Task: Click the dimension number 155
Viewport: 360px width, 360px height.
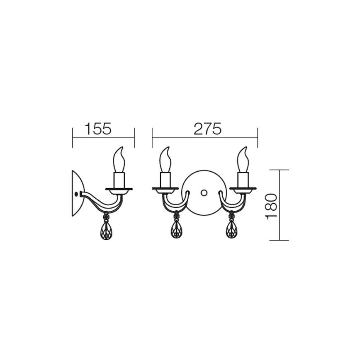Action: coord(98,129)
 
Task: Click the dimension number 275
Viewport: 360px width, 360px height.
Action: coord(207,129)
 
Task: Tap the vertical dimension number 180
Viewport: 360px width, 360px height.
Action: coord(272,206)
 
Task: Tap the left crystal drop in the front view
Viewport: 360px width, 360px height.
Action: coord(176,229)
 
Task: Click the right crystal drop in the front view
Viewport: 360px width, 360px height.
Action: coord(231,229)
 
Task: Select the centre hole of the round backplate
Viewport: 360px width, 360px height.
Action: coord(204,193)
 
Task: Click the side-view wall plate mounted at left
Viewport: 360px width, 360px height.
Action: coord(77,193)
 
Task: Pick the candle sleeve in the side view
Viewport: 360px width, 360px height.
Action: coord(119,180)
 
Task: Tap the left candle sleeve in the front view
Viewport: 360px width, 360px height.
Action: coord(165,180)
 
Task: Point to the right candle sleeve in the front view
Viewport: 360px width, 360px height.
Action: coord(243,180)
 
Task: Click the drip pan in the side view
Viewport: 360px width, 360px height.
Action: coord(119,190)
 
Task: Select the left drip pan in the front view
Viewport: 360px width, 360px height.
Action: coord(165,190)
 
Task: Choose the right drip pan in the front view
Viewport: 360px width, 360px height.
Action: coord(243,190)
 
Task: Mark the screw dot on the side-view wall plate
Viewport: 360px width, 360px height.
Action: coord(75,194)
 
